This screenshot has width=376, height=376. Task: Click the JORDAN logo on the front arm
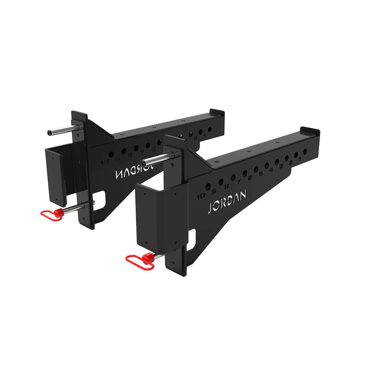(x=227, y=202)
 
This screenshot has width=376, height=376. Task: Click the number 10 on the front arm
(x=201, y=196)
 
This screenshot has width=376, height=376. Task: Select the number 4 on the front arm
(x=271, y=170)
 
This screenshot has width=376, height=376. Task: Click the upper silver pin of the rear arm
(x=62, y=130)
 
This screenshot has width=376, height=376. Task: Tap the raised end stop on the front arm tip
(x=310, y=131)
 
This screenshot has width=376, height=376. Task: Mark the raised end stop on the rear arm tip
(x=217, y=112)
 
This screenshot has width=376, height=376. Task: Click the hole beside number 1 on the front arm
(x=305, y=151)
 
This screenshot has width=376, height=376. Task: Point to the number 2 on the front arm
(x=290, y=162)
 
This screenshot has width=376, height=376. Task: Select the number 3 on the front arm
(x=281, y=166)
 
